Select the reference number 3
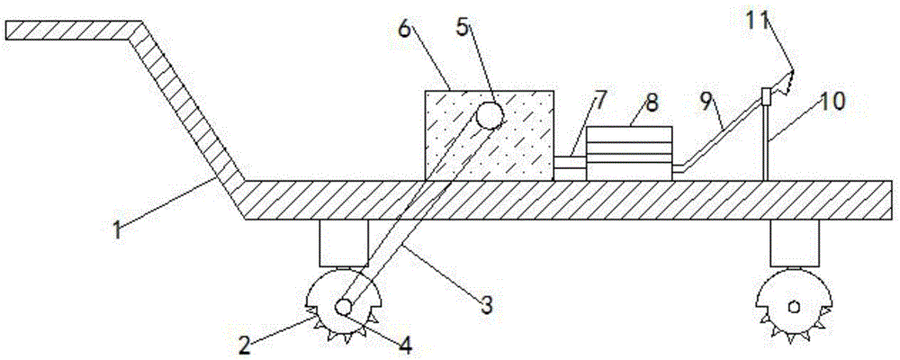[487, 304]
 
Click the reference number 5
[462, 26]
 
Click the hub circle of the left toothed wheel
[344, 307]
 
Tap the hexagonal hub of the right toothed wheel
[795, 306]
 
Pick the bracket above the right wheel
[795, 243]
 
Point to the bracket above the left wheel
[344, 243]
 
